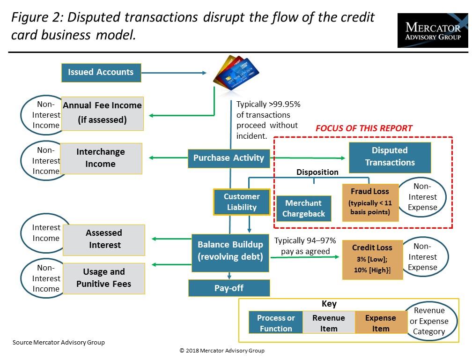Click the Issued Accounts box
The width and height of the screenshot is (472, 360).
101,73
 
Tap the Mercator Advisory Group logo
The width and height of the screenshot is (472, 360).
433,30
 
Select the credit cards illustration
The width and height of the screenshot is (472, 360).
236,73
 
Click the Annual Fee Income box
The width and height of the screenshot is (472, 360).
103,113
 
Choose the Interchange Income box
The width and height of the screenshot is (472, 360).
101,158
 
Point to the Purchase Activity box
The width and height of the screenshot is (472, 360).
229,158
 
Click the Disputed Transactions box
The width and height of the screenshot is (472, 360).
390,157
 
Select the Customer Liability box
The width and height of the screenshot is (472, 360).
242,202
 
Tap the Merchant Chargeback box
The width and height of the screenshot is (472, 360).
304,209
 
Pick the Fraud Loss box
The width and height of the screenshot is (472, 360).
370,202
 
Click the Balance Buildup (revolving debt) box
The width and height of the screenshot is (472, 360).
230,253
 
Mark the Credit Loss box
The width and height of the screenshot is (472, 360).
372,260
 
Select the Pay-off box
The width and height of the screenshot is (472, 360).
229,288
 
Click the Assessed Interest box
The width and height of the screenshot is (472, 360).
104,240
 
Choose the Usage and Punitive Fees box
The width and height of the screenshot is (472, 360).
104,278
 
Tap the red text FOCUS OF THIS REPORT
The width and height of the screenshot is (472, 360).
364,128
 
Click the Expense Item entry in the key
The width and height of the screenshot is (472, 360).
381,322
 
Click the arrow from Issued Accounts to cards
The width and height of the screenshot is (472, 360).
174,73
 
